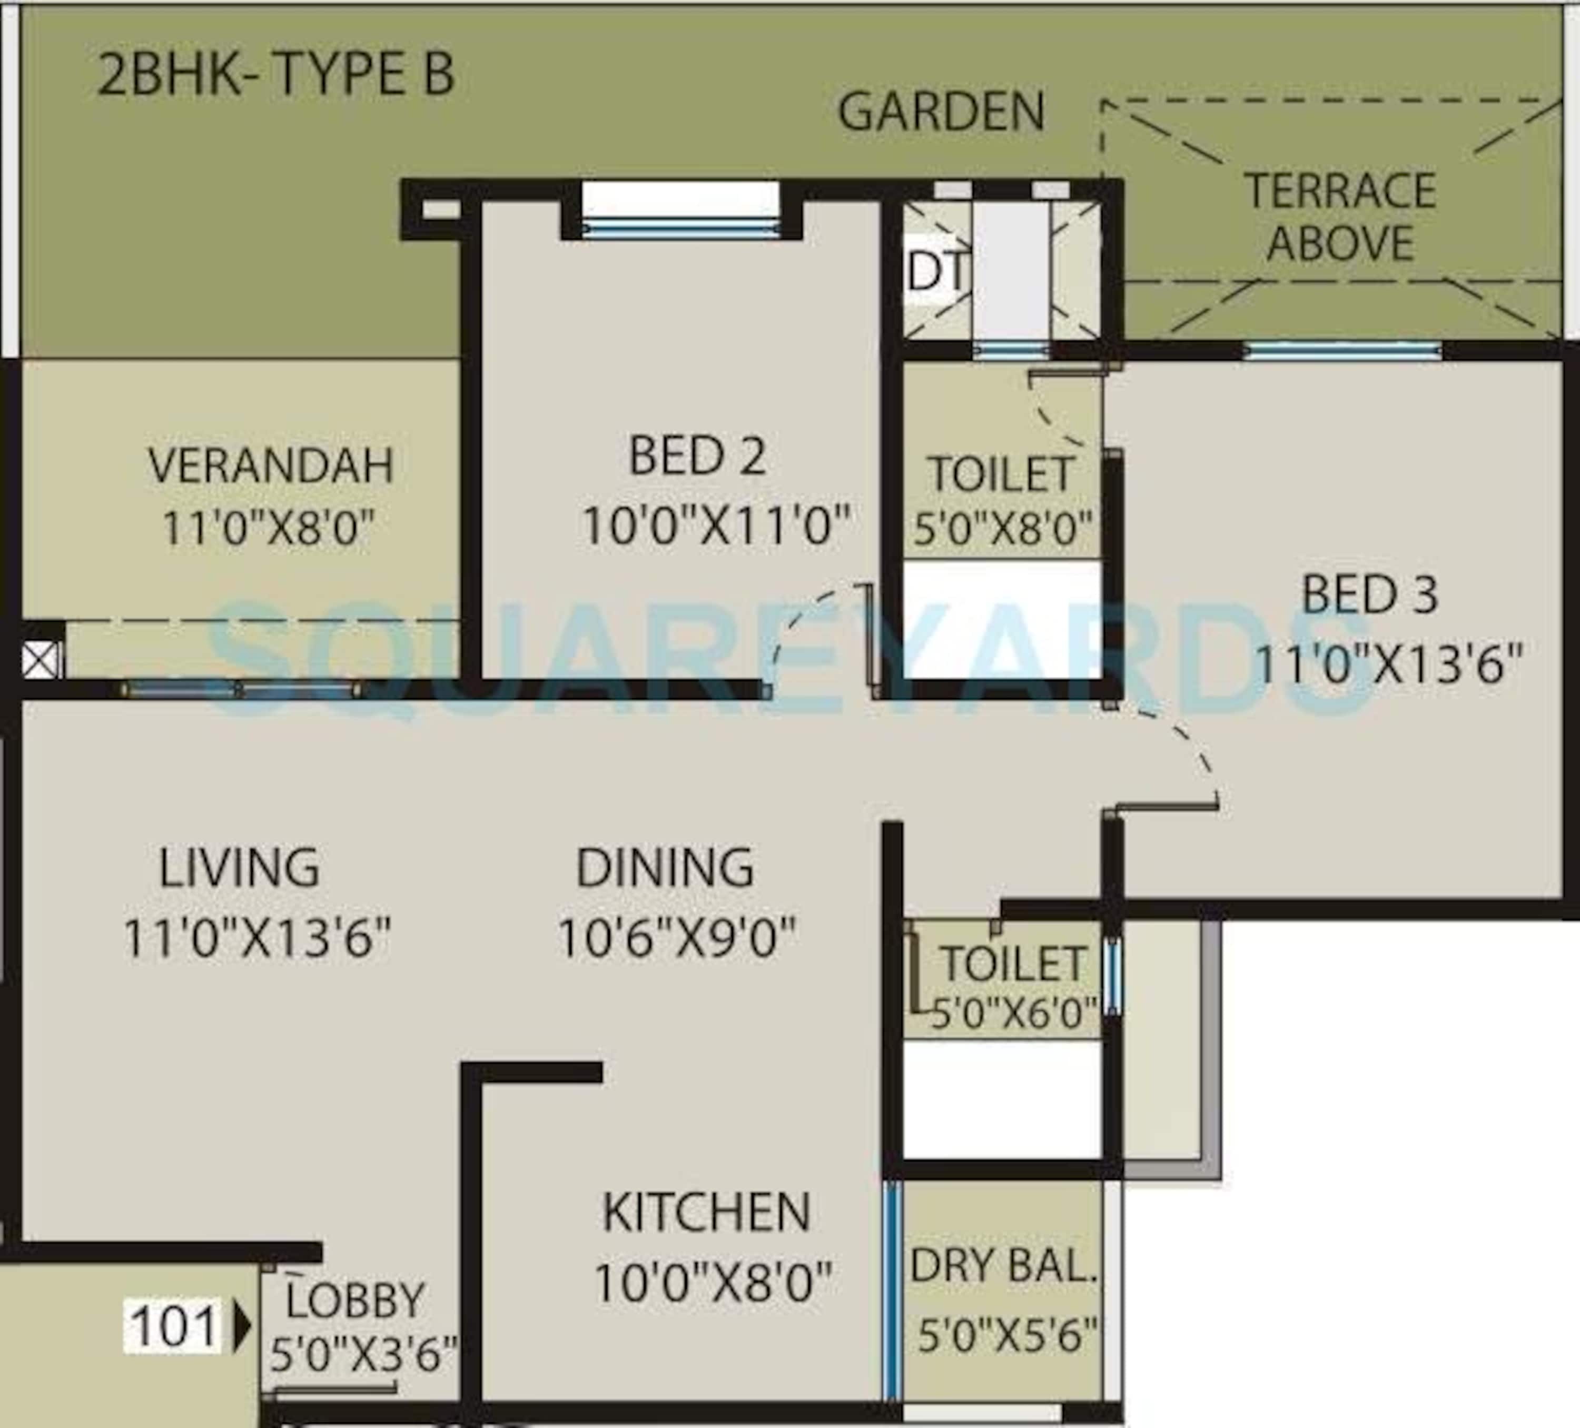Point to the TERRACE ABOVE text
click(x=1340, y=216)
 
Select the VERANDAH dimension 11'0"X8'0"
click(x=269, y=528)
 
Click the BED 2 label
click(x=697, y=455)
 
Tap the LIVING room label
click(x=239, y=868)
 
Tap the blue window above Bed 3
click(x=1342, y=350)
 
